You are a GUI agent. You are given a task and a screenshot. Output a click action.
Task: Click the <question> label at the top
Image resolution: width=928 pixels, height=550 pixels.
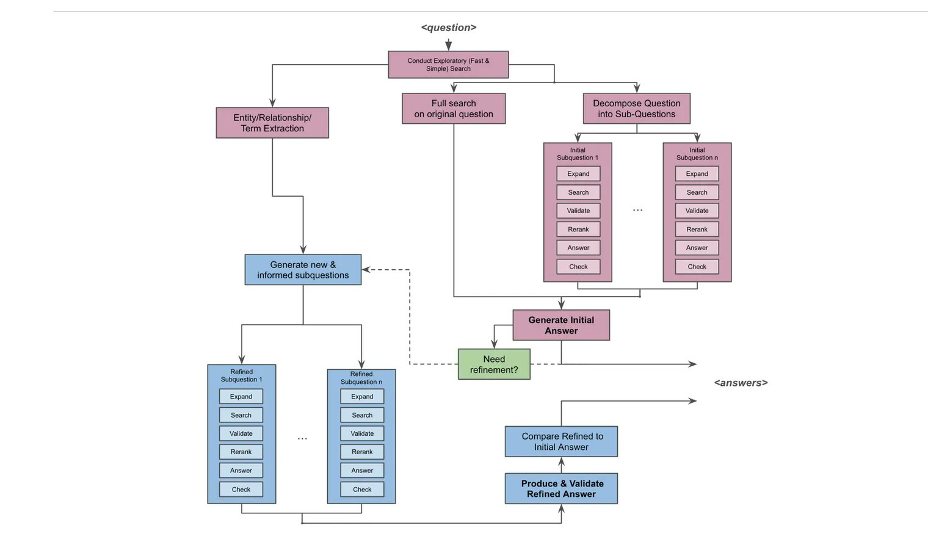click(x=449, y=27)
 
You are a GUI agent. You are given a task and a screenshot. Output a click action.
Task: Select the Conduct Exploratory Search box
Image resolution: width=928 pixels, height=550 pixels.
click(x=448, y=65)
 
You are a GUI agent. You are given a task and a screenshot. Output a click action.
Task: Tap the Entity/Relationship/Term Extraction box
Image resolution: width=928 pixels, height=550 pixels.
click(x=272, y=123)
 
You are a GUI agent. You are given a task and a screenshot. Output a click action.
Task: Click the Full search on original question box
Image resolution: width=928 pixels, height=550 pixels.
click(x=454, y=109)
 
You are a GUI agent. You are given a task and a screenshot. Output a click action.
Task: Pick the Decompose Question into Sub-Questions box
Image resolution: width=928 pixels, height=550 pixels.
click(x=637, y=109)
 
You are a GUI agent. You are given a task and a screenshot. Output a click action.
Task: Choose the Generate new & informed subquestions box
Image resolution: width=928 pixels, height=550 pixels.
click(x=303, y=270)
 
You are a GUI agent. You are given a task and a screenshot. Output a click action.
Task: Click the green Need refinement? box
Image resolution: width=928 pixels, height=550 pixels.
click(x=494, y=364)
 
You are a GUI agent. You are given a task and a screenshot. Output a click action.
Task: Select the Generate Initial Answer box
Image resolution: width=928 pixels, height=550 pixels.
click(x=561, y=325)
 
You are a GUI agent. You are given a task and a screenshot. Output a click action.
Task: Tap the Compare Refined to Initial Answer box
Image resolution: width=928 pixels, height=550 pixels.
click(x=561, y=441)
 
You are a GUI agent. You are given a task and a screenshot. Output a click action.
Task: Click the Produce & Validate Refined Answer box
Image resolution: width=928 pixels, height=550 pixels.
click(x=561, y=489)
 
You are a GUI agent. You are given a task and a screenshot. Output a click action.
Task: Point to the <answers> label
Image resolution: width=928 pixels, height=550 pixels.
click(x=741, y=383)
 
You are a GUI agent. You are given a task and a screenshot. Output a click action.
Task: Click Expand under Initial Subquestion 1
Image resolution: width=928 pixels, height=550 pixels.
click(x=578, y=173)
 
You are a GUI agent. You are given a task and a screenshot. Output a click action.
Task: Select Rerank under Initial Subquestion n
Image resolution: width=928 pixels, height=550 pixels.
click(x=697, y=229)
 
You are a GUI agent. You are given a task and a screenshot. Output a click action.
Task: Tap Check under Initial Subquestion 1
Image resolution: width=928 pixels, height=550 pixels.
click(x=578, y=267)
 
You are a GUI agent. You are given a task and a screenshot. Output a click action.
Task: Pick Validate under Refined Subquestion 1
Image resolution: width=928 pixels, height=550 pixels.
click(x=241, y=433)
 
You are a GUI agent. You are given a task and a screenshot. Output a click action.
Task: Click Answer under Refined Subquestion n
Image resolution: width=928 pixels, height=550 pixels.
click(x=362, y=471)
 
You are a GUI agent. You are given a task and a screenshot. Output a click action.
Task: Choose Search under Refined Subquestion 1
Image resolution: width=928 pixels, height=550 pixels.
click(x=241, y=415)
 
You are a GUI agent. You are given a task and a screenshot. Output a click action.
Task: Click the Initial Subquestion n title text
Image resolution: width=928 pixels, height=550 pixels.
click(x=697, y=154)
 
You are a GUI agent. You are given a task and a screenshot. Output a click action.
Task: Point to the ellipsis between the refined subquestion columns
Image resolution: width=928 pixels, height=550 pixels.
click(x=302, y=438)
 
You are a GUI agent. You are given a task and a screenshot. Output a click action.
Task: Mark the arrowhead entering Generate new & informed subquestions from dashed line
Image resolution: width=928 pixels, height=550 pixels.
click(x=365, y=270)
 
